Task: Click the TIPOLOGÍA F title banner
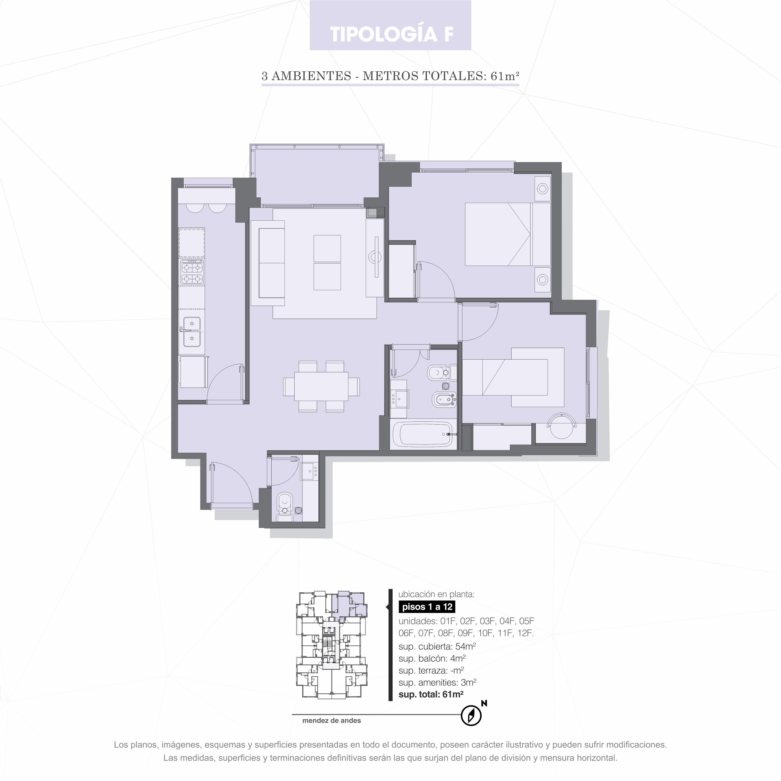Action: click(x=390, y=25)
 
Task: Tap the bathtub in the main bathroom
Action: click(x=422, y=435)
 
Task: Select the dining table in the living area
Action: click(x=321, y=386)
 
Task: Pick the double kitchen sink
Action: click(x=192, y=332)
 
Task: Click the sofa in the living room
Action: click(x=268, y=263)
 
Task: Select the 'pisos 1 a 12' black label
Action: click(x=427, y=607)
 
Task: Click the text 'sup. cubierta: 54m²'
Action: click(x=437, y=646)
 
